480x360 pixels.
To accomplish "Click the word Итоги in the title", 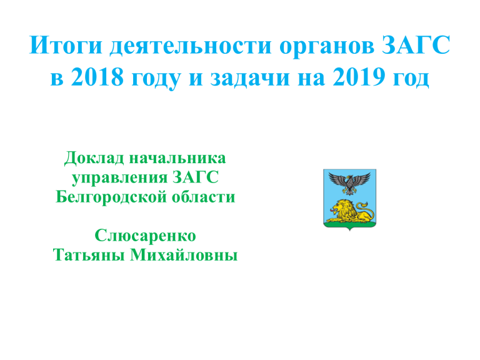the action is (x=66, y=45).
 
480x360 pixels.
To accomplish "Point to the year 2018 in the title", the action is (x=97, y=76).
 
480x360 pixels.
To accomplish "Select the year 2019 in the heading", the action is (x=359, y=76).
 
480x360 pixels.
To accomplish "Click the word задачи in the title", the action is (x=250, y=78).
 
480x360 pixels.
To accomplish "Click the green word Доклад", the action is (x=94, y=159).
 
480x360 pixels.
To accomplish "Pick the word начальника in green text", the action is (x=177, y=159).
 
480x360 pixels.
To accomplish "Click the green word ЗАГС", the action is (x=196, y=177).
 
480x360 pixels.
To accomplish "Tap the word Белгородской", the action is (x=111, y=197).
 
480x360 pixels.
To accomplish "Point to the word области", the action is (x=203, y=197).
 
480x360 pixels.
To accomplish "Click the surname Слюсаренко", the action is (x=146, y=236).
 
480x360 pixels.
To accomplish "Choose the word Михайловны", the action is (x=184, y=255).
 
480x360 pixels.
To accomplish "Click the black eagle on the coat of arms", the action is (x=349, y=182).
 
